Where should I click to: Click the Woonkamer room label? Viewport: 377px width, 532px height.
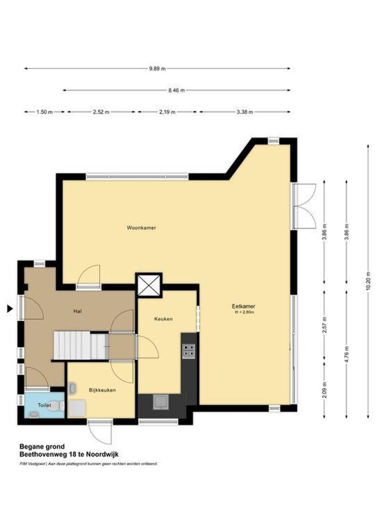tap(142, 228)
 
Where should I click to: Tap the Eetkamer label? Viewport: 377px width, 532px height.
tap(244, 306)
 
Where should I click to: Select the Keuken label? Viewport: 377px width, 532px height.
tap(163, 319)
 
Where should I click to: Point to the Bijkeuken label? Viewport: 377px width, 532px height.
tap(102, 390)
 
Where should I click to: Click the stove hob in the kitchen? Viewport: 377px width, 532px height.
tap(188, 351)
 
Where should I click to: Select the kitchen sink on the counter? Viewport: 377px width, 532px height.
tap(161, 402)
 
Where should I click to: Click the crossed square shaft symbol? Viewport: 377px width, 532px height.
tap(149, 285)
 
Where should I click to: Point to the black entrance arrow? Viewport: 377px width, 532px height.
tap(10, 309)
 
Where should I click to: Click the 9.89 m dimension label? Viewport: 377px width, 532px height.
tap(157, 69)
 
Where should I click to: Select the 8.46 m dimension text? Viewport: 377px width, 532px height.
tap(177, 90)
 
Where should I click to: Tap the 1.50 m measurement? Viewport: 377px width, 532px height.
tap(44, 112)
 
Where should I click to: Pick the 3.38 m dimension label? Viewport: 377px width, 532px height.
tap(245, 112)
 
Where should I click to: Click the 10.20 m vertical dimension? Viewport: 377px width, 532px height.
tap(368, 281)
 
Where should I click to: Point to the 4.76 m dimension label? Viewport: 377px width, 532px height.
tap(346, 354)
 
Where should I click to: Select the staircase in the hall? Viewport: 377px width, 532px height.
tap(80, 345)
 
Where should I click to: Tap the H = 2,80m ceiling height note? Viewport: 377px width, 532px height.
tap(244, 312)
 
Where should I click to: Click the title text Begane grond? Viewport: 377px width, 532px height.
tap(42, 446)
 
